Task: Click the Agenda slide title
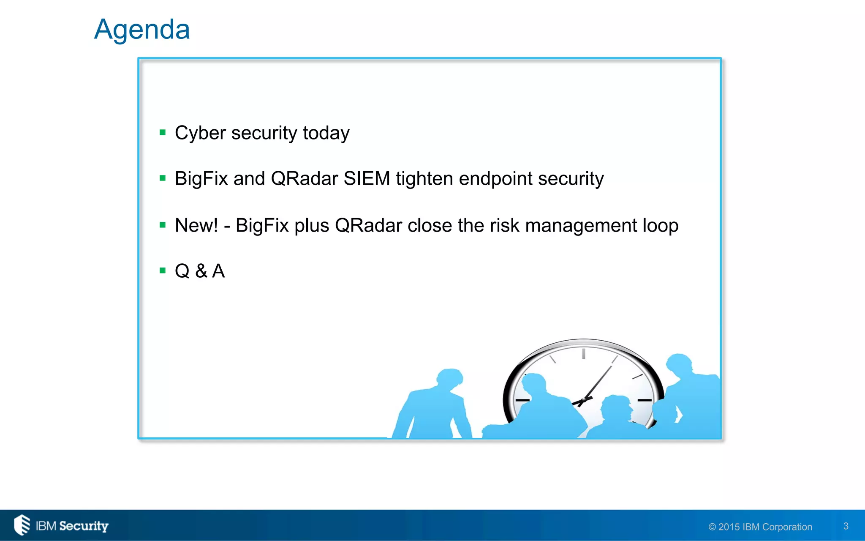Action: [x=142, y=30]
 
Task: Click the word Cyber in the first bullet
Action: [x=200, y=133]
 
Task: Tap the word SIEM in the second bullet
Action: [x=367, y=178]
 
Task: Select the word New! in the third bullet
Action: [x=196, y=225]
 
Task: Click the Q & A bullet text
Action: [x=200, y=271]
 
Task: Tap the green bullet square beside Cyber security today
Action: [x=163, y=133]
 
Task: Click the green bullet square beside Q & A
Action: [x=163, y=270]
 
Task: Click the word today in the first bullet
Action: [x=326, y=134]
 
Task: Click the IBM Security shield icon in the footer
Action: [x=22, y=525]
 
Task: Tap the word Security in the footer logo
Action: [x=84, y=526]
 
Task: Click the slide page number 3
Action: [x=846, y=526]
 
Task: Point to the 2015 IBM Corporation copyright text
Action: [x=760, y=527]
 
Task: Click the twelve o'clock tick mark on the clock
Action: [x=583, y=354]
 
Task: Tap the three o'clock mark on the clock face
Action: [x=645, y=400]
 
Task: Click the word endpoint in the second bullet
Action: [x=495, y=179]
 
